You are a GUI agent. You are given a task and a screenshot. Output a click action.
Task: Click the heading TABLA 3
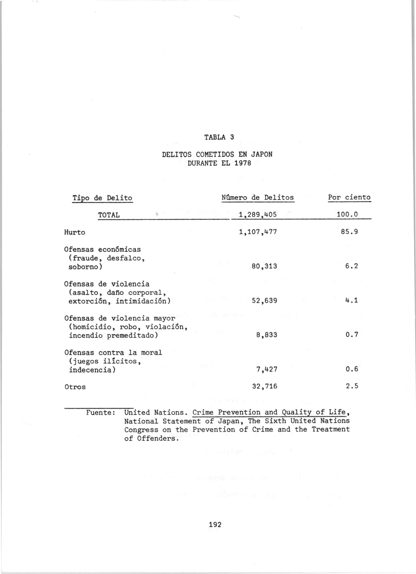(x=219, y=137)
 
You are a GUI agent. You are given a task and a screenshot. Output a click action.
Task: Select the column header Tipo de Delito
(x=102, y=198)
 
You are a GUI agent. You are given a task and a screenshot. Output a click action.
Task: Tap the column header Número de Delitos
(x=257, y=197)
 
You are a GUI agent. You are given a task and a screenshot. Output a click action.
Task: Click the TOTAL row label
(x=109, y=215)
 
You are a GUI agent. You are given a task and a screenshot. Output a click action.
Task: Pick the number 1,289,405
(x=258, y=215)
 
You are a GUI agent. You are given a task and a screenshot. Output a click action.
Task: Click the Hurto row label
(x=75, y=232)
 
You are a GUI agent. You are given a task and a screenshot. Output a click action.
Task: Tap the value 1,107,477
(x=258, y=232)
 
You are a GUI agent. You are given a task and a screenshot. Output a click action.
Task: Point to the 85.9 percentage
(x=350, y=232)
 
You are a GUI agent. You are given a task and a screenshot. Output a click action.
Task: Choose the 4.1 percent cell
(x=352, y=301)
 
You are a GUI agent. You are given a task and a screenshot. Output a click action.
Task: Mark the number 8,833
(x=267, y=335)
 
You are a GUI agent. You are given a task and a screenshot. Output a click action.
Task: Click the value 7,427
(x=267, y=369)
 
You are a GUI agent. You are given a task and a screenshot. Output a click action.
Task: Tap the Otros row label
(x=75, y=387)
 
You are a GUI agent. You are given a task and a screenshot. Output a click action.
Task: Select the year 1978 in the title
(x=242, y=163)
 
